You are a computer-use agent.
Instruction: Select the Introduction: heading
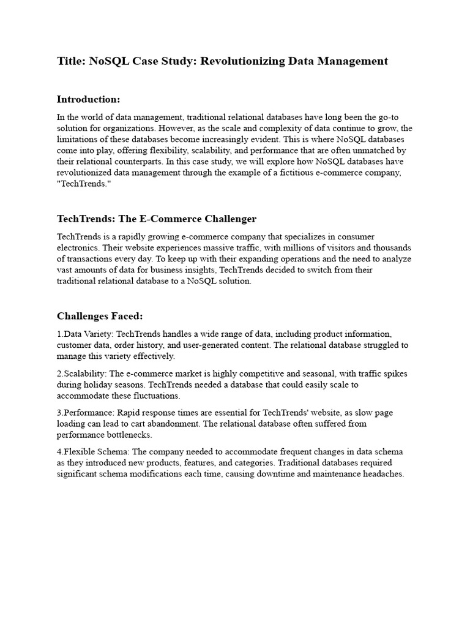89,99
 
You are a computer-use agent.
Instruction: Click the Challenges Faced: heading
100,316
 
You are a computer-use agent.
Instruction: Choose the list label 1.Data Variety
85,334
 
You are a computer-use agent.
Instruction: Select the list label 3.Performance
85,413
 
